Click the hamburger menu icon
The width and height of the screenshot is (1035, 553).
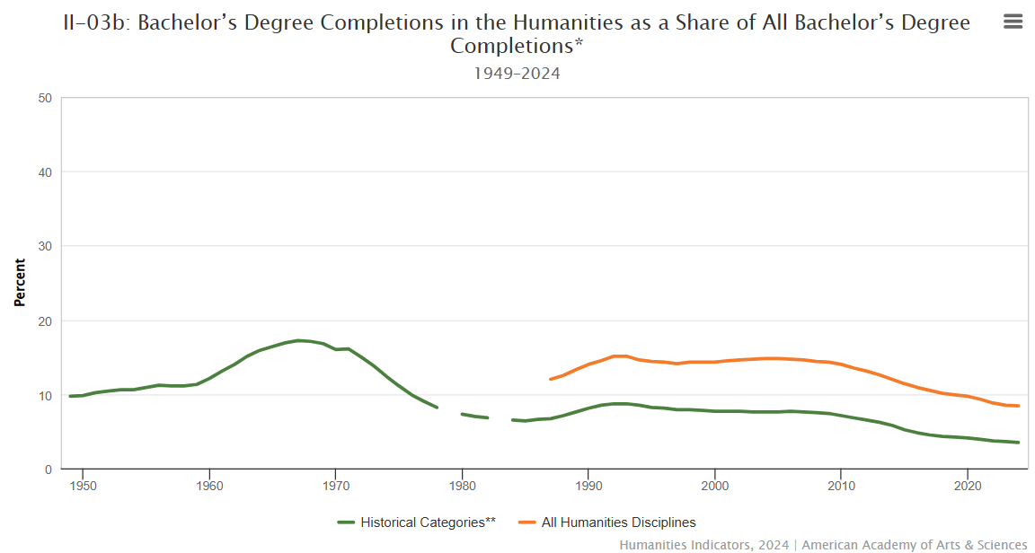[1013, 22]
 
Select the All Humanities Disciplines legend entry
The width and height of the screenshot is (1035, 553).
[618, 522]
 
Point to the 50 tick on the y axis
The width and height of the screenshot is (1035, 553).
[45, 98]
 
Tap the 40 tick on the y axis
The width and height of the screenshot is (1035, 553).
[45, 172]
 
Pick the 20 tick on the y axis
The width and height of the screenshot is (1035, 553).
[45, 321]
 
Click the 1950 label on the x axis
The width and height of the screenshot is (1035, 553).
[83, 486]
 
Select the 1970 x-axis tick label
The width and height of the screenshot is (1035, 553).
[335, 486]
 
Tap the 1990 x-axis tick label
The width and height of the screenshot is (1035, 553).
[588, 486]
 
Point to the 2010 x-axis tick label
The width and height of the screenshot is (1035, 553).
[840, 486]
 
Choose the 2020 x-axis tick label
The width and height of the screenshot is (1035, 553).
[967, 486]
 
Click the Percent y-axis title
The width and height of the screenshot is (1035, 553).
[20, 283]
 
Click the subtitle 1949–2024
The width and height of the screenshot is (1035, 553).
[517, 74]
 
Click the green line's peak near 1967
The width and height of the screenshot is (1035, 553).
[298, 340]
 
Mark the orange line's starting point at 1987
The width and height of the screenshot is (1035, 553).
[550, 379]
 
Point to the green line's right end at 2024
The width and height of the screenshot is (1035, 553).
[1018, 443]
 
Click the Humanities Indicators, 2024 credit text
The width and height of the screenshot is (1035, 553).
[703, 545]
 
